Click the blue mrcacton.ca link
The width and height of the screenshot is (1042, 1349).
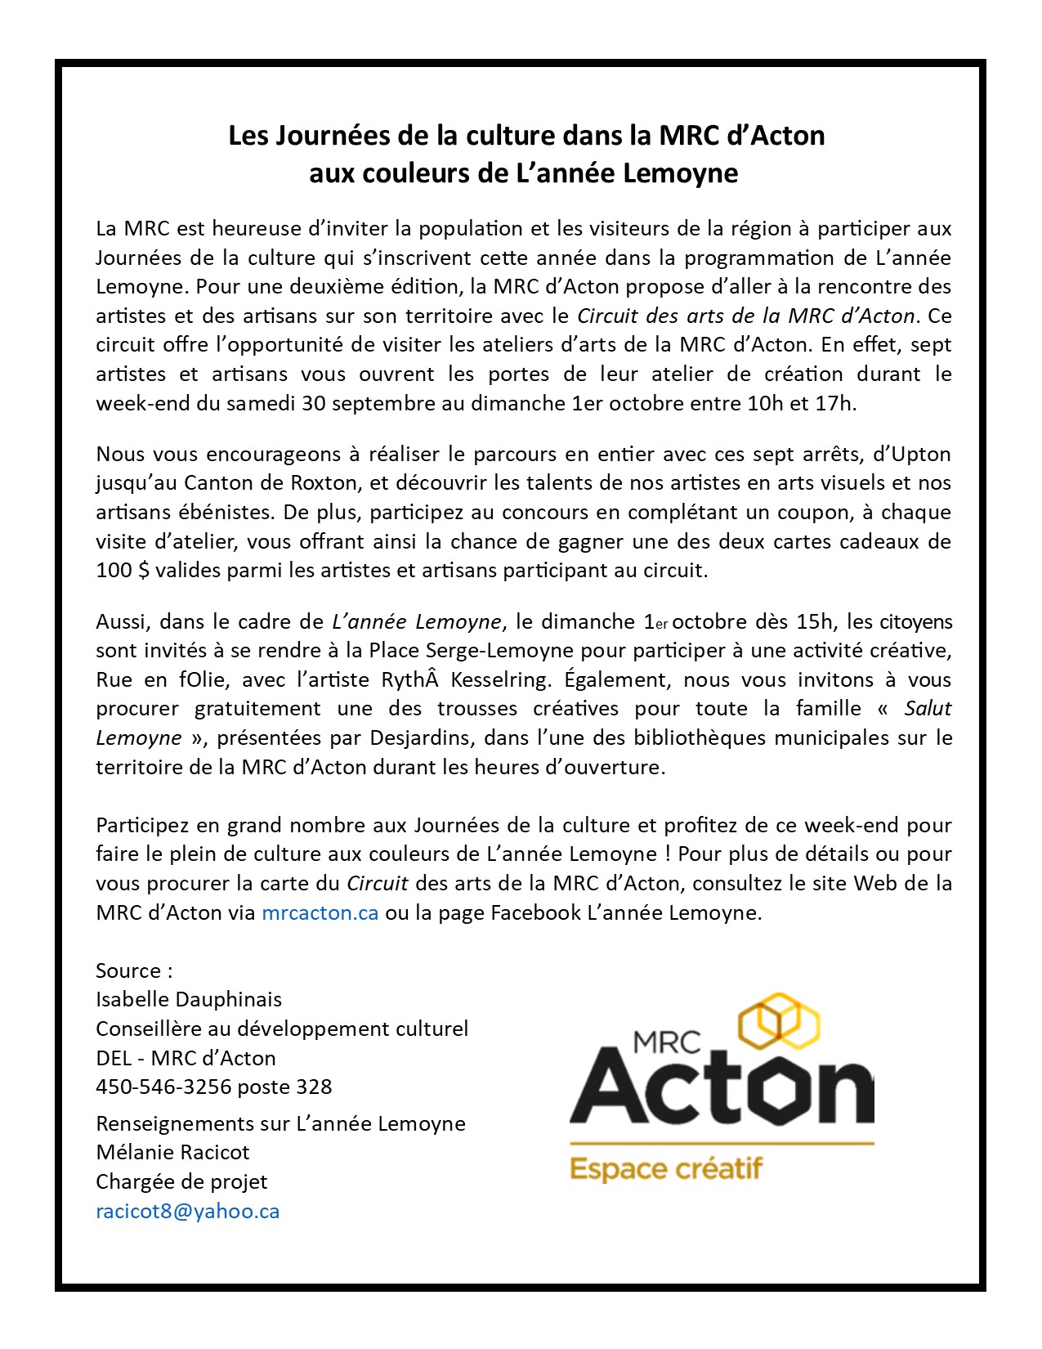(320, 912)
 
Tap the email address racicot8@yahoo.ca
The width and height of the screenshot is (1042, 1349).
(187, 1211)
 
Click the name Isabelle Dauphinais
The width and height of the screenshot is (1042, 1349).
(189, 999)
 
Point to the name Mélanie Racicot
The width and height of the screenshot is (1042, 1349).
(172, 1152)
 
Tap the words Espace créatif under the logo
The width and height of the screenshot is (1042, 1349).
(665, 1168)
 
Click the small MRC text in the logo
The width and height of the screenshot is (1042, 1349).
(667, 1042)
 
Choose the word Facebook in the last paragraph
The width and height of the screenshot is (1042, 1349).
(535, 912)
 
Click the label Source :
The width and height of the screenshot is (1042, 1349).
(134, 970)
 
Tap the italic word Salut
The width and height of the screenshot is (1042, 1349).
(928, 709)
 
